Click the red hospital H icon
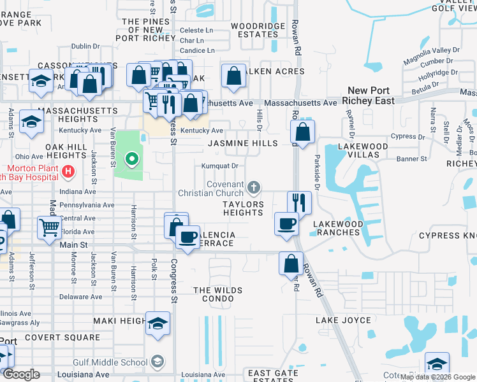click(x=68, y=171)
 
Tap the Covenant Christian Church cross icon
click(x=254, y=187)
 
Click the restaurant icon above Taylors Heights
click(x=299, y=202)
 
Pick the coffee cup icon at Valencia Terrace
click(x=187, y=237)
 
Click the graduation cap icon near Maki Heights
click(x=158, y=324)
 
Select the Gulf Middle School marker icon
click(x=157, y=362)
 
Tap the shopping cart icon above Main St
click(x=49, y=227)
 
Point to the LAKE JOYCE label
click(x=343, y=320)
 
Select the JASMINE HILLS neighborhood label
click(x=242, y=143)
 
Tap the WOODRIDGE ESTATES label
click(x=258, y=30)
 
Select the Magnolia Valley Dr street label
click(x=432, y=51)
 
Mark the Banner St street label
click(x=411, y=159)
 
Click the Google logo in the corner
click(x=20, y=374)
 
